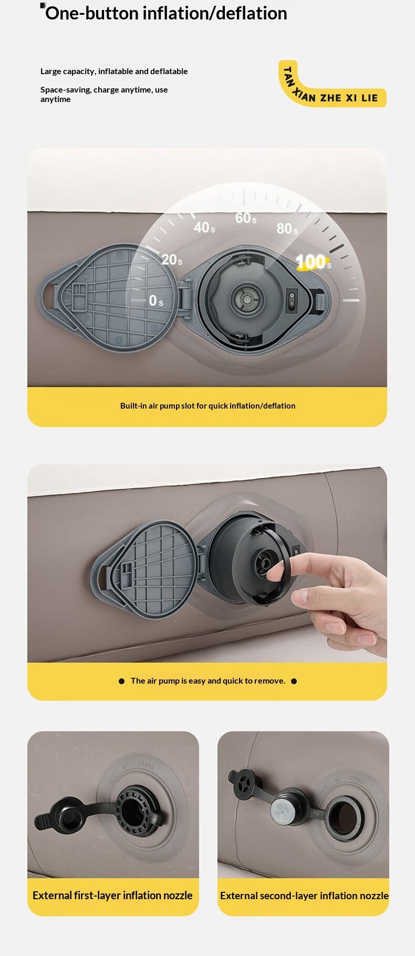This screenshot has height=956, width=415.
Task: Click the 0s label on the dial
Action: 155,300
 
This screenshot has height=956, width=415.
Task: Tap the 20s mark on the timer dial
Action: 172,259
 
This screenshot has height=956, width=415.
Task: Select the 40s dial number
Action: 204,227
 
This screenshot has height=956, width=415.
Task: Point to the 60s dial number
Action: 246,218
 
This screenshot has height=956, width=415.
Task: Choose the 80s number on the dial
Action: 287,228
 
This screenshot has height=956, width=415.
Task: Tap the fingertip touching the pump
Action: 274,572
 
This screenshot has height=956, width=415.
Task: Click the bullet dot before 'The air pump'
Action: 121,681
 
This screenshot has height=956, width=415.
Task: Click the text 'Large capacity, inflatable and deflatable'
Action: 114,72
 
